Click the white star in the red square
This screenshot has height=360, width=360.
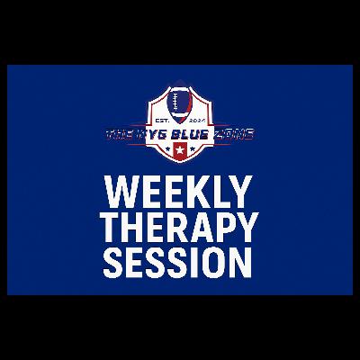pos(180,147)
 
